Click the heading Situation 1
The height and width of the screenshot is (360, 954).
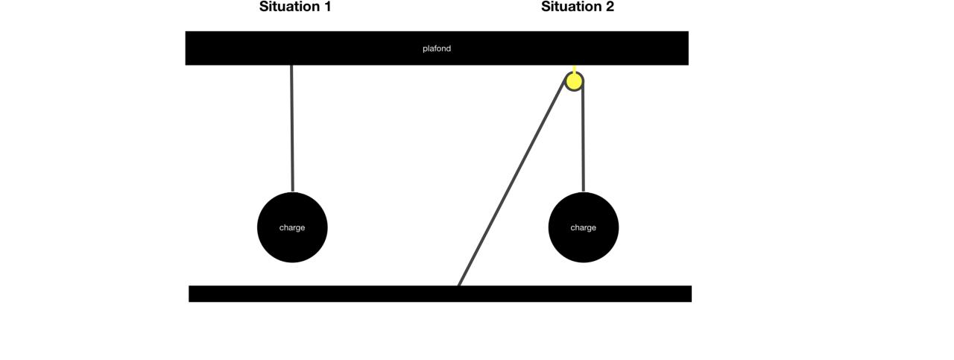[x=294, y=7]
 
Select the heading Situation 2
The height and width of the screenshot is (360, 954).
[x=578, y=7]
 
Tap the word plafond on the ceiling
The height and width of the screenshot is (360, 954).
[x=437, y=48]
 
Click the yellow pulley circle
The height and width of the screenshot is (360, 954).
[x=574, y=80]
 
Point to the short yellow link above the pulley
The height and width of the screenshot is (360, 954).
[x=574, y=69]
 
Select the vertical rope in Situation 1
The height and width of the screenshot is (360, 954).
[x=292, y=127]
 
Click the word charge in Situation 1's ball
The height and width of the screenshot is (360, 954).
[x=292, y=227]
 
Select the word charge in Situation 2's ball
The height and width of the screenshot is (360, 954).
[x=583, y=227]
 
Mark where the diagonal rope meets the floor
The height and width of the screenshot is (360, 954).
[x=459, y=285]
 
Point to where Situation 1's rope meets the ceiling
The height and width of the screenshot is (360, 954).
[x=291, y=66]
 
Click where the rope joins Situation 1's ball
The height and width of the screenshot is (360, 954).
[x=292, y=192]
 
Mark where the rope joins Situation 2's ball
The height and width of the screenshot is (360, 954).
[x=583, y=192]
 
